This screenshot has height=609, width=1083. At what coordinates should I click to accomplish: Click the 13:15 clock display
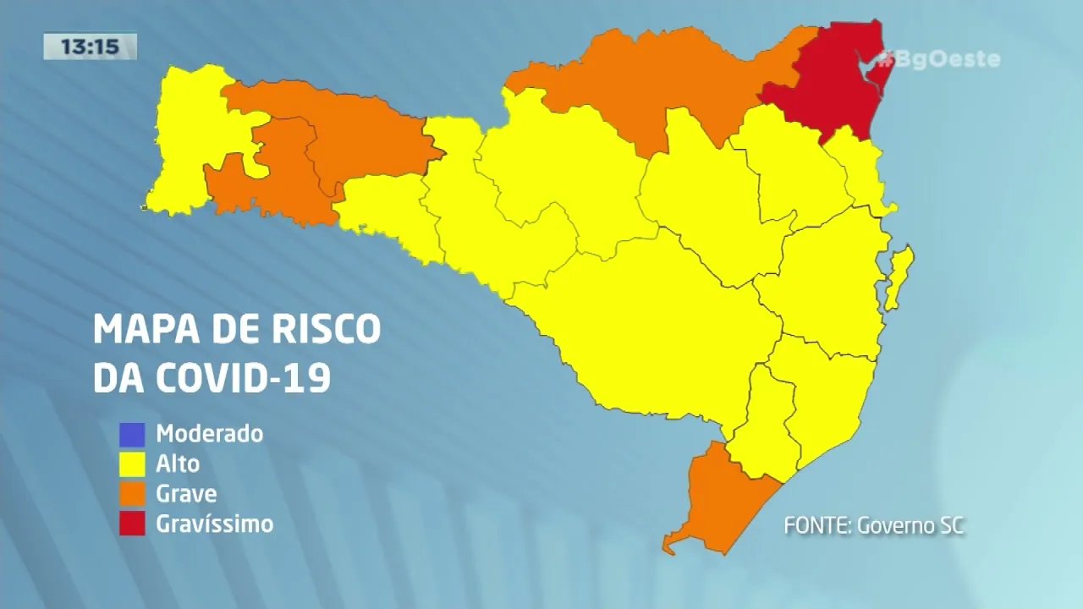(90, 47)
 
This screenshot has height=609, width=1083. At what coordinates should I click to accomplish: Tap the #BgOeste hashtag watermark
(939, 59)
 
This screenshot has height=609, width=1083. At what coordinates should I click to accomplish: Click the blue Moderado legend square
(131, 435)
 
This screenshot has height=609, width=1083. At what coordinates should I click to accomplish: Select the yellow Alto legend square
(131, 464)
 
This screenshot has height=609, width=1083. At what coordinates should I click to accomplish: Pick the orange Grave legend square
(131, 494)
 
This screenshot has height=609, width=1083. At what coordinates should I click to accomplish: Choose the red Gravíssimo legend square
(131, 524)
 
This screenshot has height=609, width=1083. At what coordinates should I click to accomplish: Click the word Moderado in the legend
(210, 435)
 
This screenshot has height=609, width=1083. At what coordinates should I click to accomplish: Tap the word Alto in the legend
(178, 464)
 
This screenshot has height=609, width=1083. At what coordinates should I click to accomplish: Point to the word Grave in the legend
(186, 494)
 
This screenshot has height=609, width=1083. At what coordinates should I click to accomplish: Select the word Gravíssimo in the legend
(215, 524)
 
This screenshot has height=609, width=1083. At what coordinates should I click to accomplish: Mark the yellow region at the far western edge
(182, 144)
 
